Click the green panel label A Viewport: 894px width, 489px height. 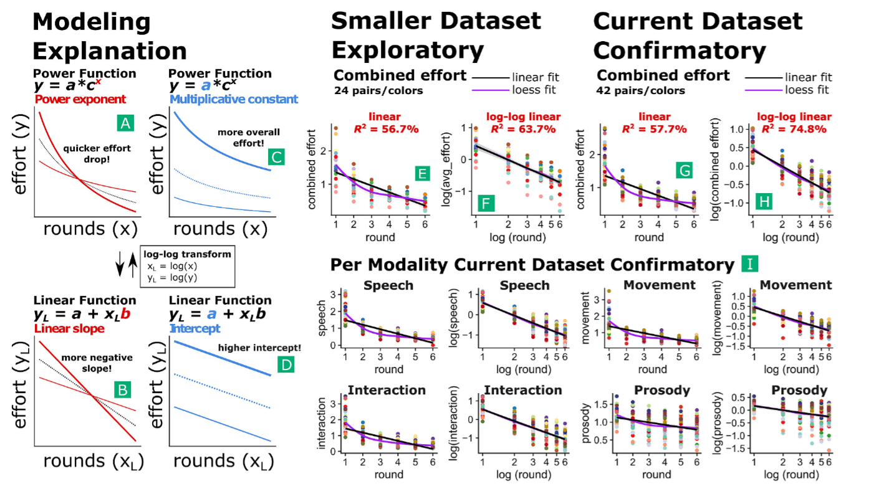[125, 124]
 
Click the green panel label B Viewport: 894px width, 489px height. [123, 391]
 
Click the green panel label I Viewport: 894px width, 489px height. [749, 264]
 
